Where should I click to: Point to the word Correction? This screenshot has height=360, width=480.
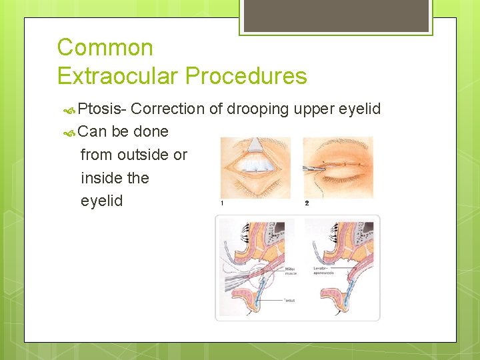point(172,109)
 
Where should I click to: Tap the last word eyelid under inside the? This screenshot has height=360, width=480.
point(101,201)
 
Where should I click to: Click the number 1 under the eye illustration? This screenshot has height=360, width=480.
point(222,203)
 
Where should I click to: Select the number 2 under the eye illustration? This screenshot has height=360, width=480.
point(307,203)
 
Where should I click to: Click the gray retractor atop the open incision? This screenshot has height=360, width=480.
point(256,143)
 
